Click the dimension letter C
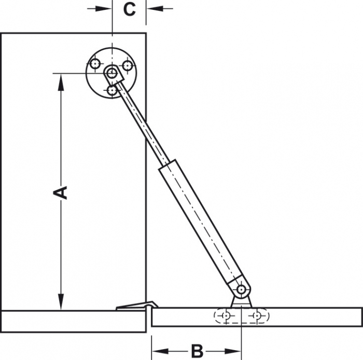(x=129, y=9)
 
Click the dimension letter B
(x=197, y=351)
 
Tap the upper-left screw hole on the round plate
(x=94, y=64)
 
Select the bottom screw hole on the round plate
(x=112, y=91)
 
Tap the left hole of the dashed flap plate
(x=226, y=315)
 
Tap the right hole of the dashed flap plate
(x=257, y=315)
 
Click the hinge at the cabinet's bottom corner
(x=137, y=307)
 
